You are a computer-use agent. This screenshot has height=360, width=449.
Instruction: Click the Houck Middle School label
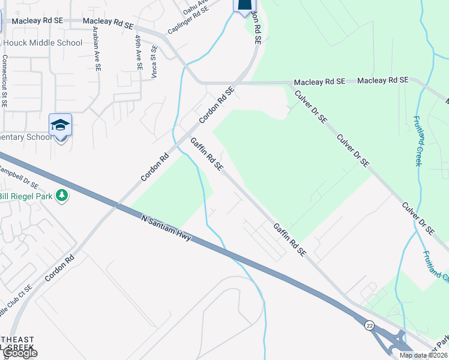(x=43, y=43)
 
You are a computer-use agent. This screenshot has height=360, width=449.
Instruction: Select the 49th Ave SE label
(x=138, y=53)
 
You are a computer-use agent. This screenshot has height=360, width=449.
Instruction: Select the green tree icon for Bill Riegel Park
(x=61, y=196)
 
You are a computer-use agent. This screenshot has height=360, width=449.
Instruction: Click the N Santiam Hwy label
(x=166, y=228)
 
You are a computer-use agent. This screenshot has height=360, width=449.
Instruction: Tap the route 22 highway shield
(x=369, y=325)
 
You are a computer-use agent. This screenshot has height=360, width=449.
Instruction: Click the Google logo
(x=19, y=353)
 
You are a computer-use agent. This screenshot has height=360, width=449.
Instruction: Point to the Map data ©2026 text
(x=423, y=355)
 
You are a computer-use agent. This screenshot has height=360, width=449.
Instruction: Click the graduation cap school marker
(x=60, y=125)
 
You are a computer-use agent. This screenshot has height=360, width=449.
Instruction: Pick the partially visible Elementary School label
(x=26, y=137)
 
